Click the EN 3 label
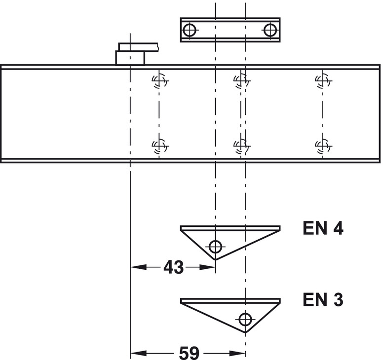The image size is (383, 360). click(322, 300)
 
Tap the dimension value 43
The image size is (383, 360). click(173, 267)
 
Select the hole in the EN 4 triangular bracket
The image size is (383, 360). click(215, 246)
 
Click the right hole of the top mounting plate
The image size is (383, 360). click(270, 30)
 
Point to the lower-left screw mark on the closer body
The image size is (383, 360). click(159, 145)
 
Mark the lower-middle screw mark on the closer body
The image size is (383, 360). click(241, 145)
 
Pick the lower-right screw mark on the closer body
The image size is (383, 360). click(322, 145)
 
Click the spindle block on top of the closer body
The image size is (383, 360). click(130, 57)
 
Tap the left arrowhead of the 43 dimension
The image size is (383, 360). click(135, 267)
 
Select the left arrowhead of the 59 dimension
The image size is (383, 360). click(135, 353)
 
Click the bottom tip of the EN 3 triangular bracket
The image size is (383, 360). click(245, 332)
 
